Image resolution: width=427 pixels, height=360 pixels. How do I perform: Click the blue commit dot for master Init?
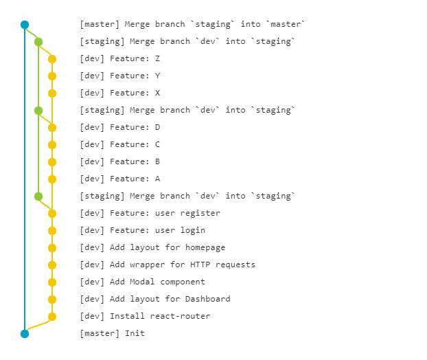(x=25, y=334)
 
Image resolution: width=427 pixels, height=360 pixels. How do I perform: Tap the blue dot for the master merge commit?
(x=25, y=25)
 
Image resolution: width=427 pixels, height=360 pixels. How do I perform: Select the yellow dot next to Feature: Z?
(x=52, y=59)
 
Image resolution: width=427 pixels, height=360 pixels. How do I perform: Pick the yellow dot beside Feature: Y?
(x=52, y=76)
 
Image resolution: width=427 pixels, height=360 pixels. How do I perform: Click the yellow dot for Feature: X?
(x=52, y=93)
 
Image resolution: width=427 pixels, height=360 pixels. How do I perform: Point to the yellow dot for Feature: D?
(x=52, y=128)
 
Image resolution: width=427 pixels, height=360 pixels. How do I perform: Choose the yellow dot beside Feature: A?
(x=52, y=179)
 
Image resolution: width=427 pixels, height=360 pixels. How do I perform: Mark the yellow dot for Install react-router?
(x=52, y=317)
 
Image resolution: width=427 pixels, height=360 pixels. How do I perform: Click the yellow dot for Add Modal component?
(x=52, y=282)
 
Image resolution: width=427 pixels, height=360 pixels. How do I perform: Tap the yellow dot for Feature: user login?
(x=52, y=231)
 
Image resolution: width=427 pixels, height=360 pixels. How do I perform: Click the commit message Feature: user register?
(x=150, y=213)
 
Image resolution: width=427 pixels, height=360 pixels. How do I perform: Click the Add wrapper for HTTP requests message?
(x=168, y=265)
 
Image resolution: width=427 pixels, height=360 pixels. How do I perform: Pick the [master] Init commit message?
(x=112, y=333)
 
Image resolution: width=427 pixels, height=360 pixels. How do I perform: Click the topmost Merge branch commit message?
(x=192, y=24)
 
